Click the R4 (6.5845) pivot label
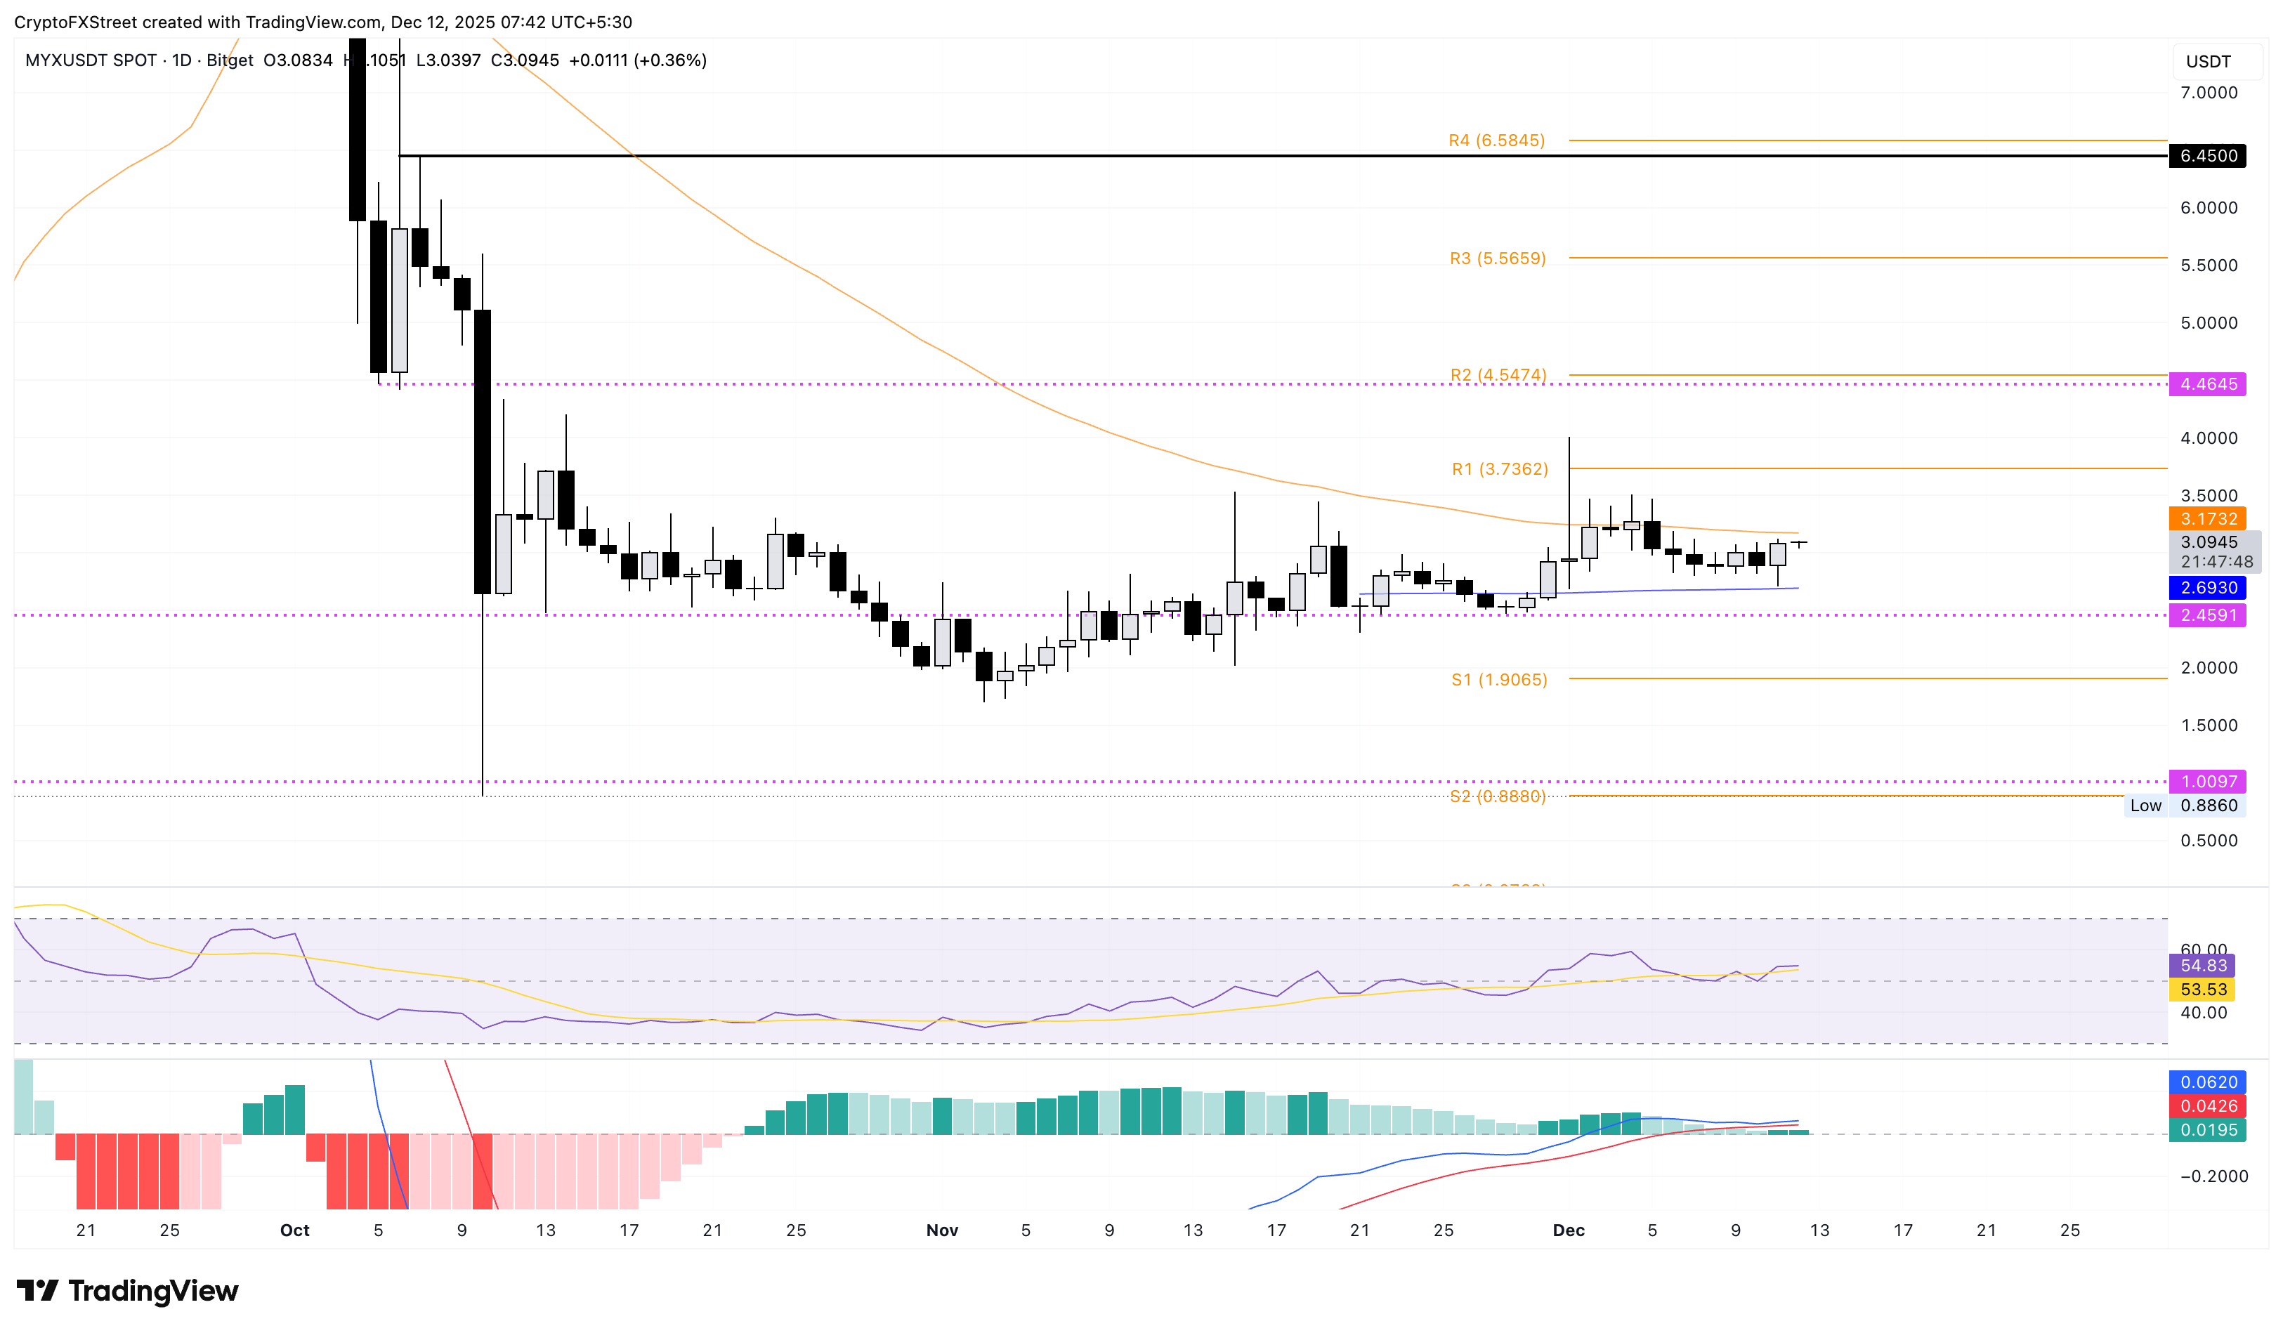point(1496,140)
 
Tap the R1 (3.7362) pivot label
point(1499,469)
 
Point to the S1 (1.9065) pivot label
point(1498,679)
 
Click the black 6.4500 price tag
point(2208,156)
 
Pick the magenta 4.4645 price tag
point(2208,384)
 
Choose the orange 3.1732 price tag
point(2208,519)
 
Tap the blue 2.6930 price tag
point(2208,588)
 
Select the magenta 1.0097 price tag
point(2208,782)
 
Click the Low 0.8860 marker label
point(2183,805)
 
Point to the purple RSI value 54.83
point(2202,966)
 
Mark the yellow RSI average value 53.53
point(2202,990)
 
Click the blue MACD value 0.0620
point(2208,1082)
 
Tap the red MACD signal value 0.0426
point(2208,1105)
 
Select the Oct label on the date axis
point(294,1230)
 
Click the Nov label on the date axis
point(941,1230)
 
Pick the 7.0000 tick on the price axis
point(2208,93)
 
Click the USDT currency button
point(2208,62)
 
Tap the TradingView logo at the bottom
point(128,1290)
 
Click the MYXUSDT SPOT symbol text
point(91,60)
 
